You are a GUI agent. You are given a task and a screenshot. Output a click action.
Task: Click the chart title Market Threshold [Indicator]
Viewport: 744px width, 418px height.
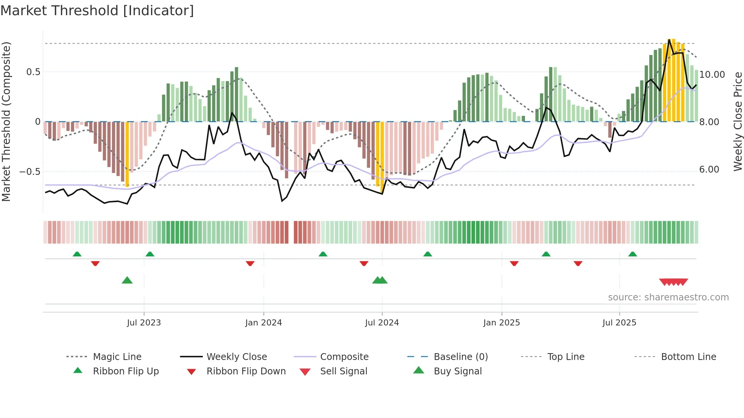point(97,11)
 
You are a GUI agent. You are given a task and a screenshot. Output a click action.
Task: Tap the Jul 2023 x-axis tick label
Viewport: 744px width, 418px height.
point(144,323)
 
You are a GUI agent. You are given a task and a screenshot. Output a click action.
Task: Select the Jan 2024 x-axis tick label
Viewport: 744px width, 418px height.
point(263,323)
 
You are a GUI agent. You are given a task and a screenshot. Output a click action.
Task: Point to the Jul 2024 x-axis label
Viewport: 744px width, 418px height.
point(382,323)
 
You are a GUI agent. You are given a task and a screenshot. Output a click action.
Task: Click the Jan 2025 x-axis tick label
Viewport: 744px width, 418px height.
point(501,323)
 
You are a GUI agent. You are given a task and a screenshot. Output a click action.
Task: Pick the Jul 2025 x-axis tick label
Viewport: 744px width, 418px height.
point(619,323)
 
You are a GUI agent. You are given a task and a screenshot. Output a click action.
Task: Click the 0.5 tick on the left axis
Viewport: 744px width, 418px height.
point(33,72)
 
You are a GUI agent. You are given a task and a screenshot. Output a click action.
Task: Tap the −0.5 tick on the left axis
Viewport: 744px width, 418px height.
point(30,172)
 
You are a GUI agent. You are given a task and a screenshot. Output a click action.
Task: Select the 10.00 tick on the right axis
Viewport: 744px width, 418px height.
point(712,75)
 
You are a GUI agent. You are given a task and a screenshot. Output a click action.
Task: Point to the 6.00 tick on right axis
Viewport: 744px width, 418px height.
point(709,170)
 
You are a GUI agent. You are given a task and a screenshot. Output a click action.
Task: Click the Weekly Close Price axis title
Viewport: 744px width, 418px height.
point(738,121)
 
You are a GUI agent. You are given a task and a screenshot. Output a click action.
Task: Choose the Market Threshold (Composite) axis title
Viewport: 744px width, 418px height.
point(6,121)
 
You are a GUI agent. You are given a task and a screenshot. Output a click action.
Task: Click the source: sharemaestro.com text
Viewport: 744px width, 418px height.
point(668,297)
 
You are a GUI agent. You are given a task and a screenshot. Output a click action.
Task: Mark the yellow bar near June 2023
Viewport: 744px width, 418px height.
point(127,154)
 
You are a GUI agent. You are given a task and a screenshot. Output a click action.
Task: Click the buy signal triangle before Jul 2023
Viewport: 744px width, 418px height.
point(127,281)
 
